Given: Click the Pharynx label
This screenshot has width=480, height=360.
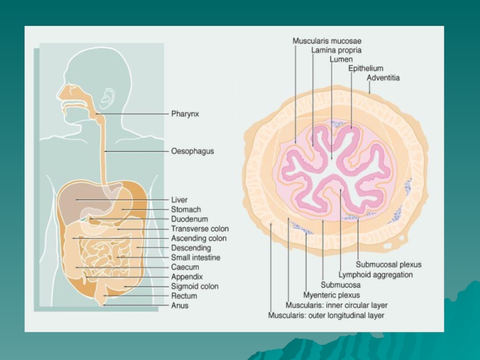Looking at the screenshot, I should click(x=185, y=113).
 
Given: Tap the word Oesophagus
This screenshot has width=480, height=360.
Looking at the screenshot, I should click(x=192, y=152).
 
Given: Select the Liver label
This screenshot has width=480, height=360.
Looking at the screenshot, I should click(x=179, y=200).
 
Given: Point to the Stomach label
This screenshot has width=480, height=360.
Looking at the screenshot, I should click(x=186, y=209).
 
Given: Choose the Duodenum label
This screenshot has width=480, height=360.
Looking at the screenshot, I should click(x=190, y=219).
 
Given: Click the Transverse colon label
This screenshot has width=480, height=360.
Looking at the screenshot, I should click(x=200, y=229).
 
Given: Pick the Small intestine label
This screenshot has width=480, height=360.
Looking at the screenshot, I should click(x=196, y=257).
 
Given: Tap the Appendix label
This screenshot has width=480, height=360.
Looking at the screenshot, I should click(x=187, y=277).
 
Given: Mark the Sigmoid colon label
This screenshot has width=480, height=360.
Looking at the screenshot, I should click(x=194, y=286).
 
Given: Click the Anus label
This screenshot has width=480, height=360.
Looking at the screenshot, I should click(x=180, y=305).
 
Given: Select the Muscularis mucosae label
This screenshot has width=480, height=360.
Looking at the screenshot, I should click(x=327, y=41).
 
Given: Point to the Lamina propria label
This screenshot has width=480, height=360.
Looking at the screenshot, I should click(x=336, y=50).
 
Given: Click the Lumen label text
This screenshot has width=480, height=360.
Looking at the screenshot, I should click(x=341, y=59).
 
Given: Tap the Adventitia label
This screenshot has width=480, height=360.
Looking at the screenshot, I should click(x=383, y=78).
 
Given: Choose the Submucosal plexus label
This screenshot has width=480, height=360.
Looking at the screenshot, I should click(x=389, y=265).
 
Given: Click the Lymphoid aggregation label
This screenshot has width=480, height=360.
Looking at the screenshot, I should click(x=376, y=275).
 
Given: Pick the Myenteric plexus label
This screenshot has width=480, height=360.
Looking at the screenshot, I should click(x=332, y=295).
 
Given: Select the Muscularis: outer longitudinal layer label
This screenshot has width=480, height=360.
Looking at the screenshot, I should click(x=326, y=315).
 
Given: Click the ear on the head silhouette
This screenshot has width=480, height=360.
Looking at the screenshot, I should click(x=108, y=98).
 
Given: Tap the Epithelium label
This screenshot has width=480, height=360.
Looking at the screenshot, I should click(x=365, y=68).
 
